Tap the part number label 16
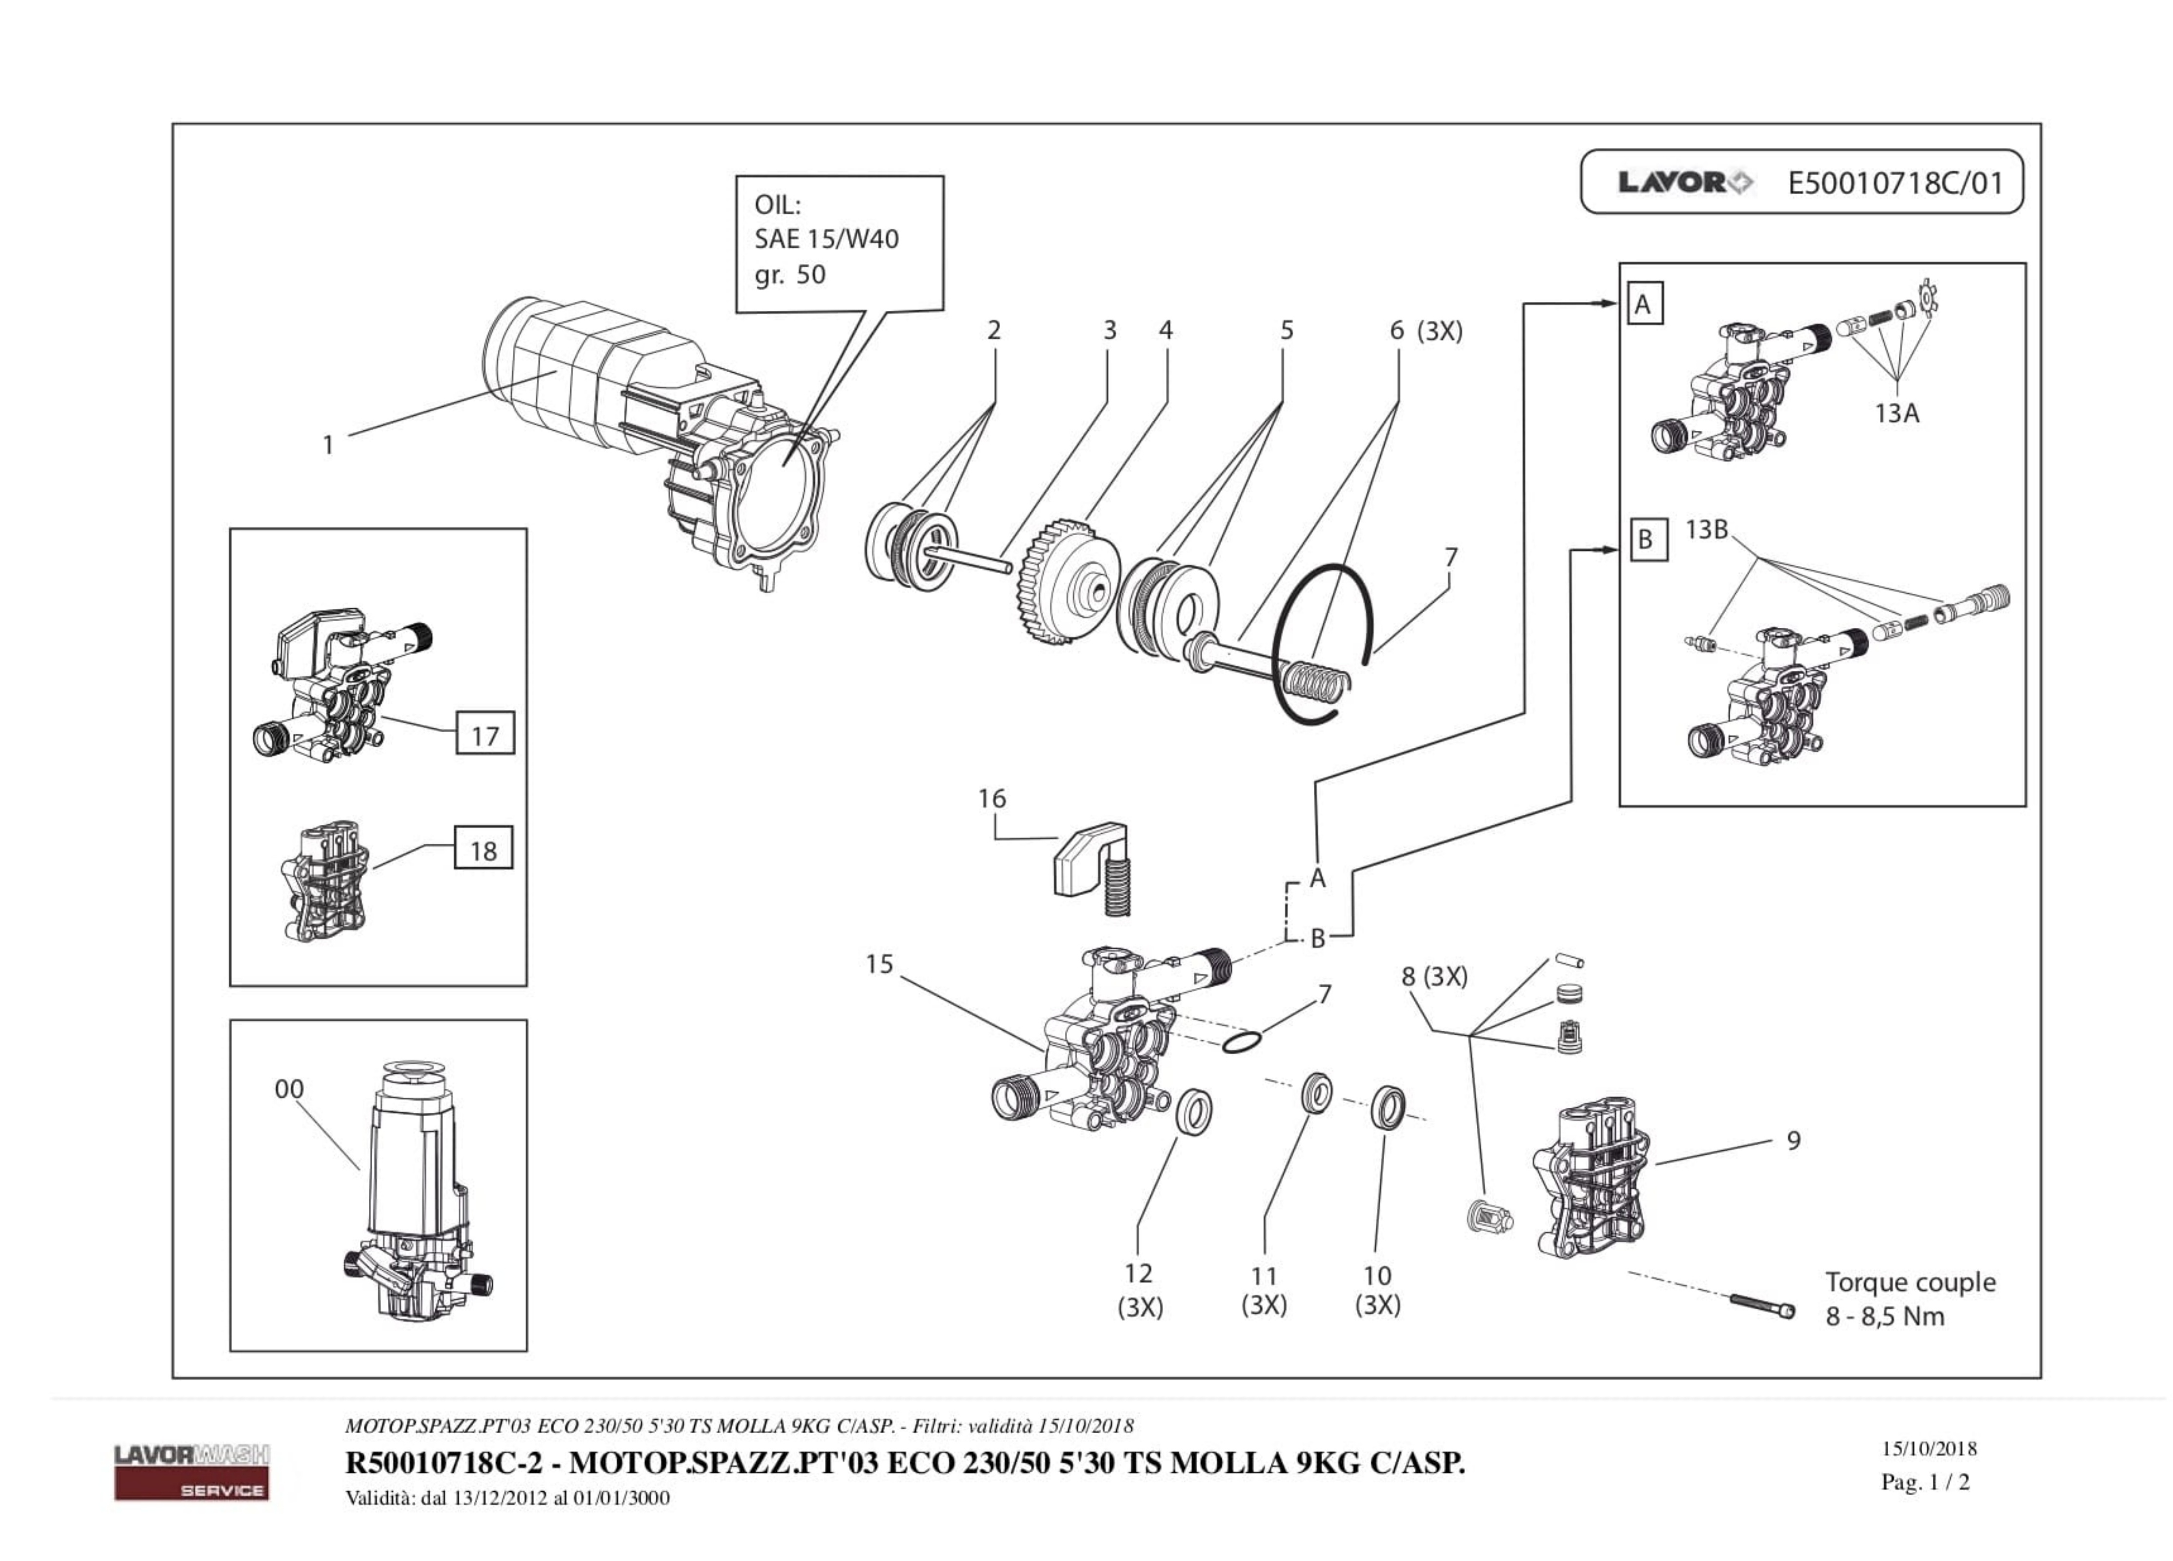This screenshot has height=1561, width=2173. (992, 798)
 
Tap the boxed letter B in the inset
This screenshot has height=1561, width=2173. (1645, 540)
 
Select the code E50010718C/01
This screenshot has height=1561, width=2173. (1895, 182)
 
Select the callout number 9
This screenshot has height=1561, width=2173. (1793, 1141)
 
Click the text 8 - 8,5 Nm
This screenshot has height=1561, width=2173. (1885, 1317)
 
